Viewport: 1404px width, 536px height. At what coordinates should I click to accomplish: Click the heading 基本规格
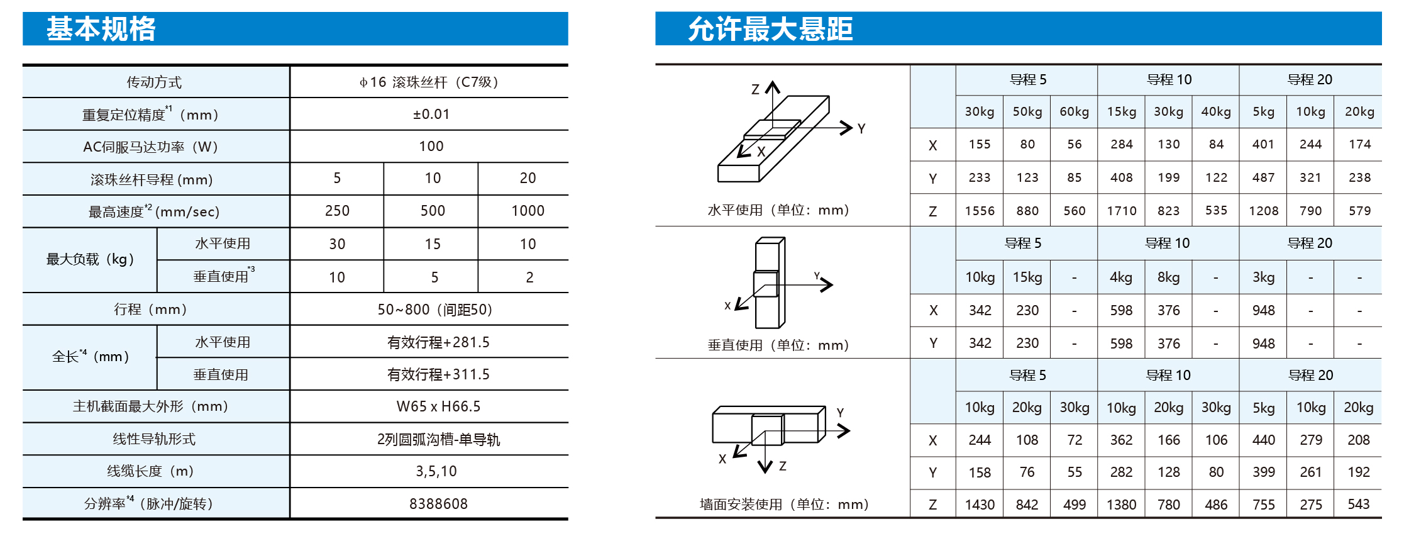(x=101, y=29)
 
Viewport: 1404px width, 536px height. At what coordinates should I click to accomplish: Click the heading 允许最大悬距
(x=770, y=29)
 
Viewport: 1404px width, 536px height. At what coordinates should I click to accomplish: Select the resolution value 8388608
(x=438, y=504)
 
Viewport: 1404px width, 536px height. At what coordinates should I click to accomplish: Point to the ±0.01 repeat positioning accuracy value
(x=431, y=114)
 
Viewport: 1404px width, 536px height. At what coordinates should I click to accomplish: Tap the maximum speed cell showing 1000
(x=528, y=211)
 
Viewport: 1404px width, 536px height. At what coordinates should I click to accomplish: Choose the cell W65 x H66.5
(x=438, y=406)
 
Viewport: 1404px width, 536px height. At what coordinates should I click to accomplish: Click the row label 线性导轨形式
(x=154, y=439)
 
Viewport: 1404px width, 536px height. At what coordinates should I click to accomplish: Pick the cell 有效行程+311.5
(x=438, y=374)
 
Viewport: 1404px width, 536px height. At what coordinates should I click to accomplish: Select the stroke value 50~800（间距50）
(x=435, y=310)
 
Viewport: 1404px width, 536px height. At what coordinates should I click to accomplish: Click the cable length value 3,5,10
(x=436, y=471)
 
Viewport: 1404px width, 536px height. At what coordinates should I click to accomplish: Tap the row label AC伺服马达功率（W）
(x=151, y=147)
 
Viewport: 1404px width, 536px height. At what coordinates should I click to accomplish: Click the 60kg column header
(x=1074, y=112)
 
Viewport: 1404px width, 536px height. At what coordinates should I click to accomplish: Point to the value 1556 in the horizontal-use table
(x=980, y=211)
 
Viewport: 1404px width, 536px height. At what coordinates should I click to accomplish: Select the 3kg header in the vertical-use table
(x=1263, y=277)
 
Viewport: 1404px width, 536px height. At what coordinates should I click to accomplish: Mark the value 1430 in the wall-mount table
(x=980, y=505)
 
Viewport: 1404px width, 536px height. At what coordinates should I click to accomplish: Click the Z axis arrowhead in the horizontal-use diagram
(x=773, y=86)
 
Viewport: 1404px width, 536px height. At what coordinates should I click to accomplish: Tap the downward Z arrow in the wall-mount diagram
(x=765, y=451)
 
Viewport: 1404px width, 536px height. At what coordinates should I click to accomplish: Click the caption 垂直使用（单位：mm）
(x=778, y=345)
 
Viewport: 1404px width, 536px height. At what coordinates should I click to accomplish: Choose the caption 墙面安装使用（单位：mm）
(x=784, y=505)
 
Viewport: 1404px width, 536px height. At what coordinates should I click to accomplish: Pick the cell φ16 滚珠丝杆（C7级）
(x=429, y=82)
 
